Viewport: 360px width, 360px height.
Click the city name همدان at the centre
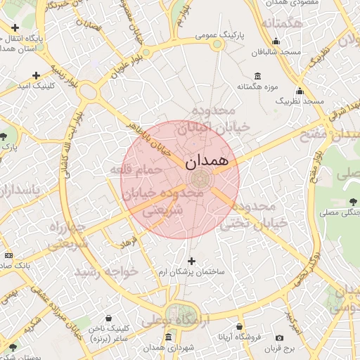tap(207, 162)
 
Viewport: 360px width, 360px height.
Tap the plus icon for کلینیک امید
tap(36, 75)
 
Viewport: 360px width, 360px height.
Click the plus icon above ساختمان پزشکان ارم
tap(191, 261)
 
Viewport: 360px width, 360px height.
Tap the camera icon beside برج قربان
tap(280, 338)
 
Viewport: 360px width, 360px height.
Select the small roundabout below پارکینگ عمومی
tap(218, 44)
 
